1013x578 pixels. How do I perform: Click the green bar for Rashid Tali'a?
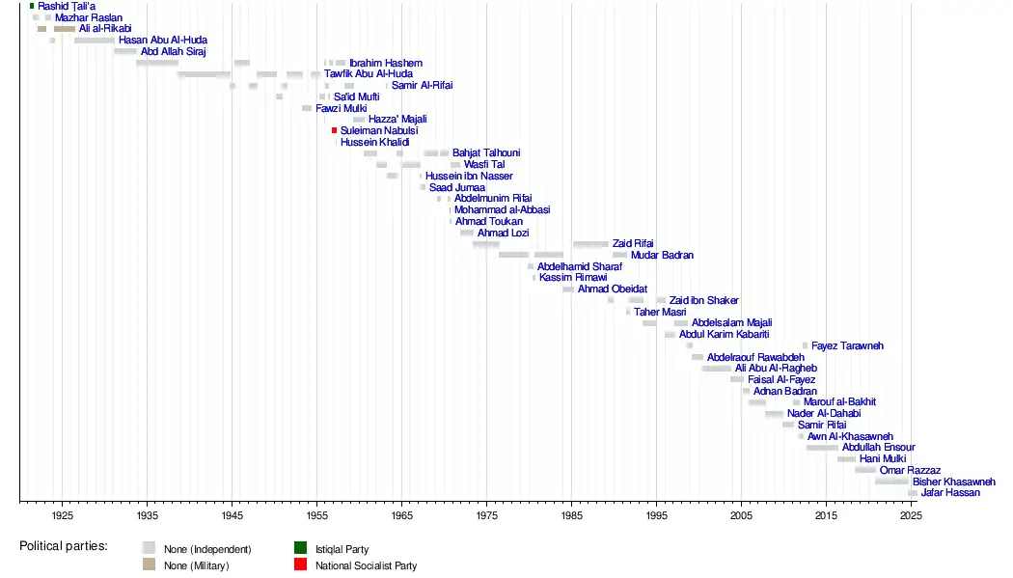point(32,7)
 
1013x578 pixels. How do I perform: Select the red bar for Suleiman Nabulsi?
point(335,130)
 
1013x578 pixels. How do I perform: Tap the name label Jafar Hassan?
point(950,493)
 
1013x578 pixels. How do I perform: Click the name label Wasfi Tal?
point(484,164)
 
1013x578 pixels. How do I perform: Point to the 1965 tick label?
point(402,515)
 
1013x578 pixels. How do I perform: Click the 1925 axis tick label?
point(62,515)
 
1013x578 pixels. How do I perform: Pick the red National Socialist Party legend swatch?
point(300,564)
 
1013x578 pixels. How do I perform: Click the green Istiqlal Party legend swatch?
point(300,549)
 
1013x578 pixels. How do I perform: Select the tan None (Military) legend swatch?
point(149,564)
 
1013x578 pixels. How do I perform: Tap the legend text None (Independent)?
point(207,549)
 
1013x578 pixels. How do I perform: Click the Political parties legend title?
point(64,546)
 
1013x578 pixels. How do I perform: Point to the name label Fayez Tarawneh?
point(847,345)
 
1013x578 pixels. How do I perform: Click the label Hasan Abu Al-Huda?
point(163,41)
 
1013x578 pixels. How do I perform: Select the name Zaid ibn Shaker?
point(704,301)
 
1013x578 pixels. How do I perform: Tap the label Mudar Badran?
point(662,256)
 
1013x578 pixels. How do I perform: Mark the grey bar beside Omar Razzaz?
point(865,470)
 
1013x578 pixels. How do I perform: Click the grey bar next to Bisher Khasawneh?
point(891,482)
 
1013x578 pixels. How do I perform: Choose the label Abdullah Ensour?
point(878,448)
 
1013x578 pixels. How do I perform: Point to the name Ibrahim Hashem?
point(386,63)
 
